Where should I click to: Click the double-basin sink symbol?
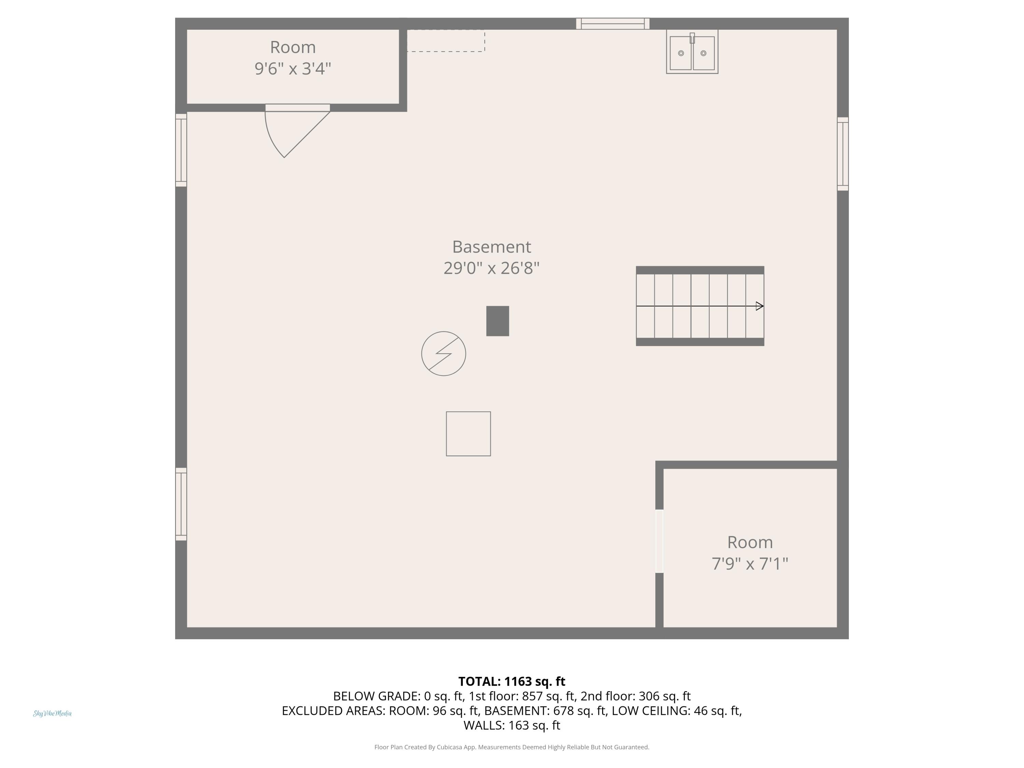692,52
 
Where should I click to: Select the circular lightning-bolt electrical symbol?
443,354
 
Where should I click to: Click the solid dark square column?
498,321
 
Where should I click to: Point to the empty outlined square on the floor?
469,434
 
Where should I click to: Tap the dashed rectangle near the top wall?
446,41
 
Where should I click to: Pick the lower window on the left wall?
181,504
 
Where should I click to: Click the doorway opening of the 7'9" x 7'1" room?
660,541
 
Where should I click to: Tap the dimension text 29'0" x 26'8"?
492,268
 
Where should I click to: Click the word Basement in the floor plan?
492,247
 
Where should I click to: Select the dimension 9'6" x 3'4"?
293,69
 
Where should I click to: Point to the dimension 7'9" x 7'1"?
750,564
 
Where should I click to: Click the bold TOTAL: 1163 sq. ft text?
512,681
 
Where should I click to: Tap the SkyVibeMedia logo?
52,713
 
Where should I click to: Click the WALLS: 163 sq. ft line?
512,725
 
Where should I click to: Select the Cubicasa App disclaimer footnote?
512,747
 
